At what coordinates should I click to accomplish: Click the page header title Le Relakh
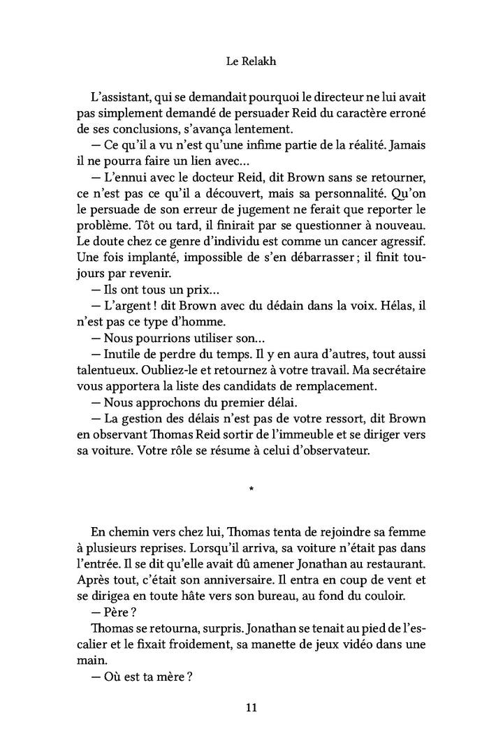pos(251,61)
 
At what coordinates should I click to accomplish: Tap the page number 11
pos(251,708)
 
